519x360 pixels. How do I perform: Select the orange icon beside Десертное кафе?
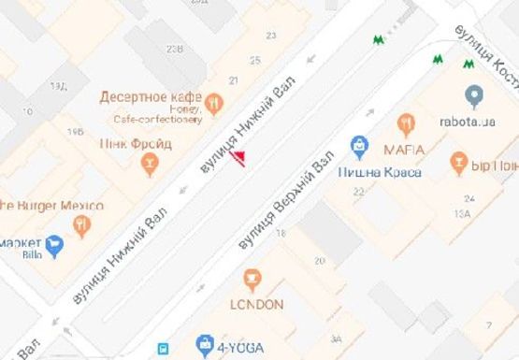pyautogui.click(x=214, y=101)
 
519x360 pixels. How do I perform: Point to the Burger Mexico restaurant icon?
pyautogui.click(x=82, y=223)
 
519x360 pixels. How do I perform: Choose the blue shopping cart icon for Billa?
pyautogui.click(x=53, y=246)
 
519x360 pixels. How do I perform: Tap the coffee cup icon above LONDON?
pyautogui.click(x=251, y=278)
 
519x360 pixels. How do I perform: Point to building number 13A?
pyautogui.click(x=462, y=214)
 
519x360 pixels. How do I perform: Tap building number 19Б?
pyautogui.click(x=76, y=134)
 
